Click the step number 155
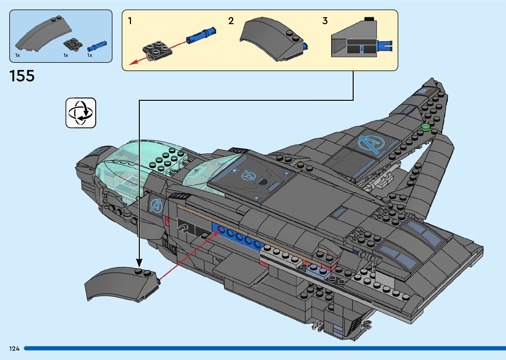click(x=22, y=76)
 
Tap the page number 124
click(x=14, y=348)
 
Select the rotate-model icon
click(x=81, y=113)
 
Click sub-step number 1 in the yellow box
click(x=130, y=21)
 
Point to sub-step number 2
click(x=231, y=21)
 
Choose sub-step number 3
click(x=325, y=21)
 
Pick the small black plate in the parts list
click(x=73, y=44)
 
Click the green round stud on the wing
click(x=425, y=127)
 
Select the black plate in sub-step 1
click(x=157, y=50)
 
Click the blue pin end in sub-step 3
click(x=385, y=46)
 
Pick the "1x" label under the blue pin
click(x=90, y=56)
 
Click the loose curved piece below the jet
click(x=121, y=284)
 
